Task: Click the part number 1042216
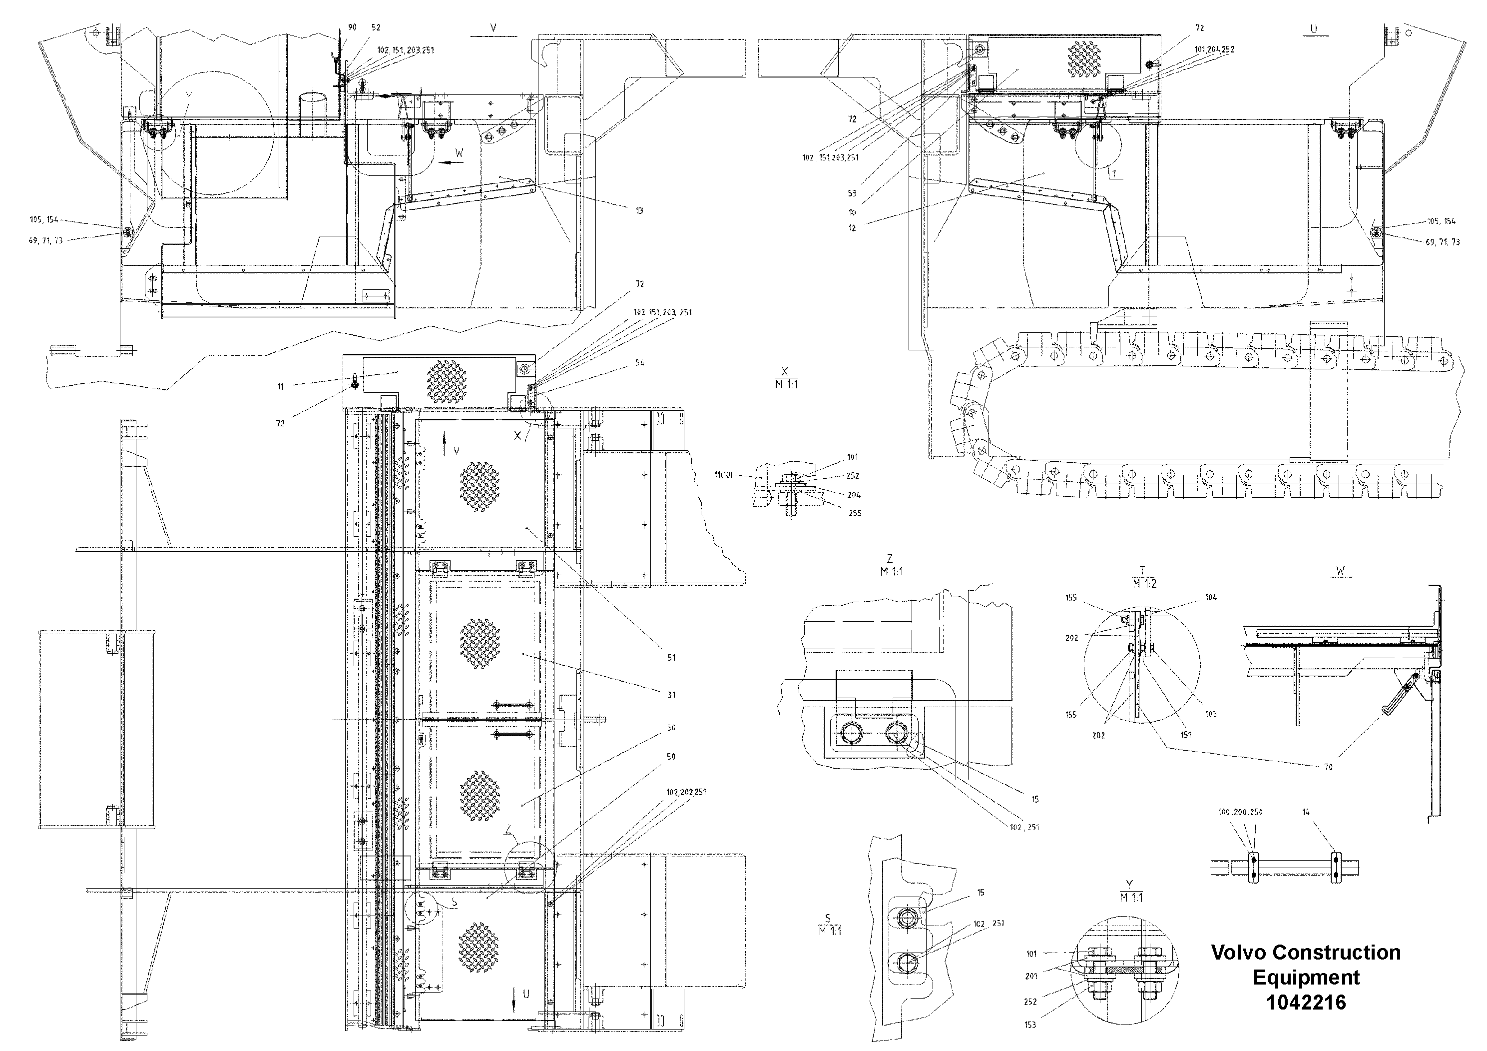click(x=1306, y=1003)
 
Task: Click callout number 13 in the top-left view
click(x=639, y=210)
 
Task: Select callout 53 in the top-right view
click(x=852, y=193)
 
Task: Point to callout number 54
click(x=640, y=363)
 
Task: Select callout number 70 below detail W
click(x=1328, y=767)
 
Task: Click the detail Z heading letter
click(x=890, y=559)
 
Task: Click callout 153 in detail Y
click(x=1030, y=1025)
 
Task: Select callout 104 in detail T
click(x=1211, y=597)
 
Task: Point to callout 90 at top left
click(x=352, y=27)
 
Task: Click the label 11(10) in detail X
click(x=723, y=474)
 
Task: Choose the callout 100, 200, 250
click(x=1240, y=812)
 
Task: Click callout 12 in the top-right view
click(x=852, y=228)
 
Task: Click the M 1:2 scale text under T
click(x=1144, y=583)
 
